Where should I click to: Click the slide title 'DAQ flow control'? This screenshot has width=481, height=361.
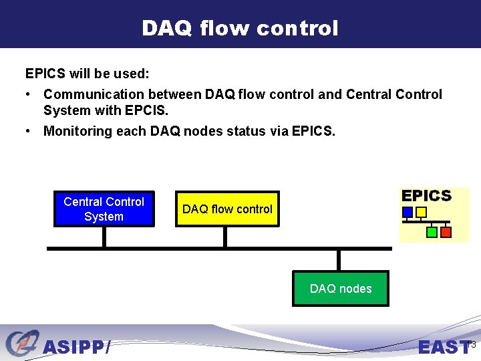click(240, 28)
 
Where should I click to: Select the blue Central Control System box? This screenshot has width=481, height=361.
click(104, 209)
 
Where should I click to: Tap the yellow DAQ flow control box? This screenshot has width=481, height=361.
click(227, 209)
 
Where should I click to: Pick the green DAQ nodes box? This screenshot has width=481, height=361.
click(341, 289)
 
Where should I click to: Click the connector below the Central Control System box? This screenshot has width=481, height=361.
click(104, 237)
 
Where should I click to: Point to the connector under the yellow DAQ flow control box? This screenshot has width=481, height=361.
click(225, 237)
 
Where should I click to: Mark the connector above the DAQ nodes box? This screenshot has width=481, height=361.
click(339, 260)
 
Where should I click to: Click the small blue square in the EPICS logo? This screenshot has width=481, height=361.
click(408, 212)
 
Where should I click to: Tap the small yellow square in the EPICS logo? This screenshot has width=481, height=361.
click(421, 212)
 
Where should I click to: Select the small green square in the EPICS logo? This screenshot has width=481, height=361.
click(432, 232)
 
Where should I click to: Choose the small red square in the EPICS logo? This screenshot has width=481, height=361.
click(446, 232)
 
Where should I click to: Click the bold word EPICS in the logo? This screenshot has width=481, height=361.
click(426, 196)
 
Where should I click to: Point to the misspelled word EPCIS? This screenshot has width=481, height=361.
click(146, 110)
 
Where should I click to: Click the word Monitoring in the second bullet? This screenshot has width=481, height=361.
click(78, 132)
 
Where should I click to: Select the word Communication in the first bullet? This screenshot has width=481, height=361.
click(94, 94)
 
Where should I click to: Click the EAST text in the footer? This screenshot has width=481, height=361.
click(444, 347)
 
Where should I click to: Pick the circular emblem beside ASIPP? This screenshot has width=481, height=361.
click(23, 342)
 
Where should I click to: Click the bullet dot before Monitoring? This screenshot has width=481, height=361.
click(28, 131)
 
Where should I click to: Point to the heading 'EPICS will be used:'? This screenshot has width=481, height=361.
click(87, 74)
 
